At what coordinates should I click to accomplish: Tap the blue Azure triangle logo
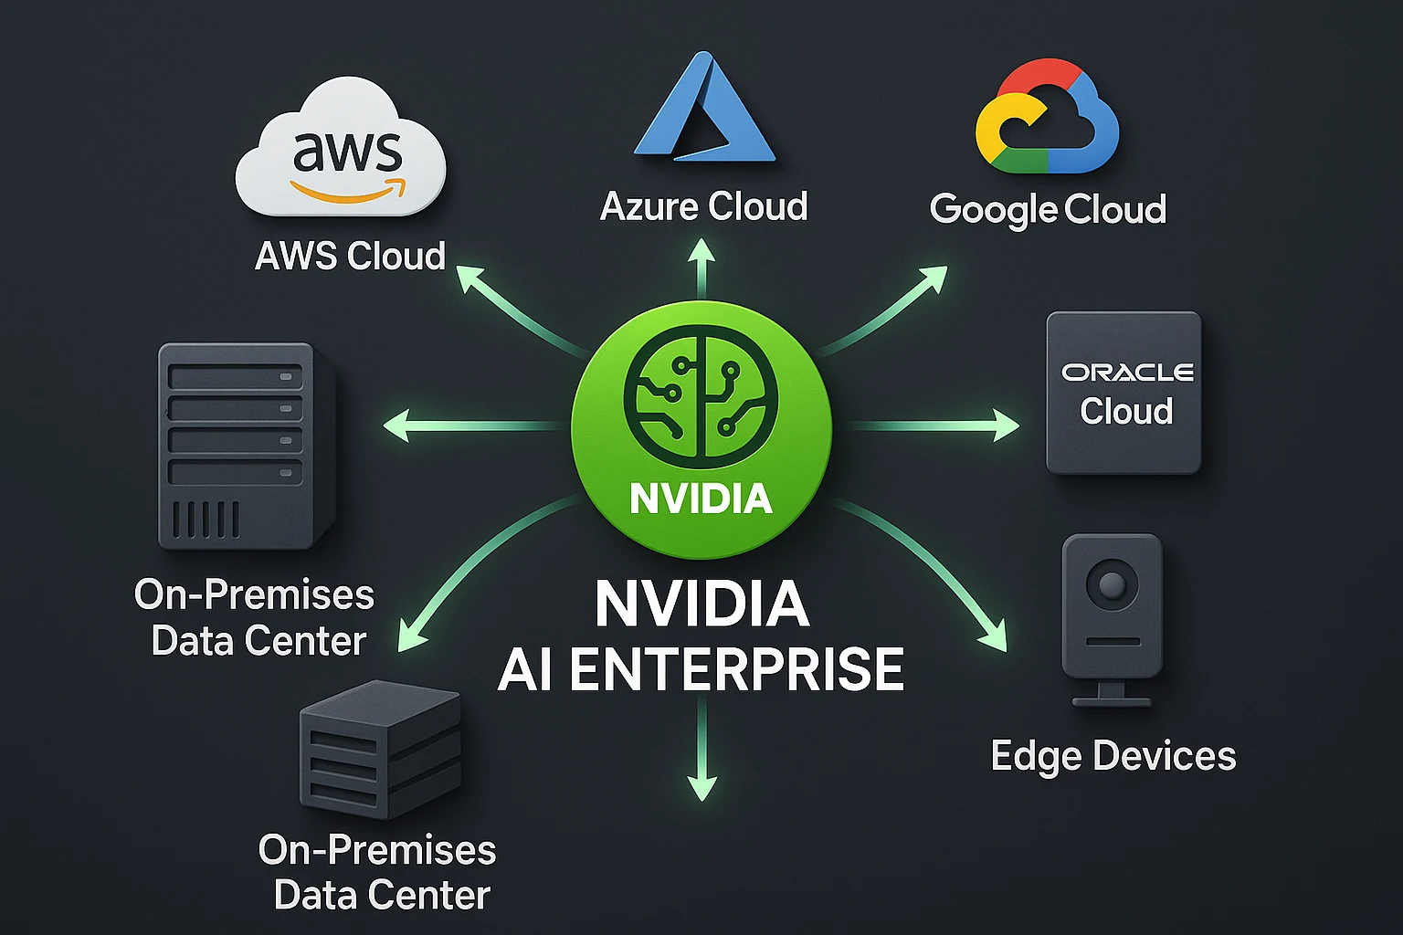tap(703, 110)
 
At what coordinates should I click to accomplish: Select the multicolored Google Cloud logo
tap(1047, 119)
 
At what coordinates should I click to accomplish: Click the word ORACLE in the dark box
tap(1127, 373)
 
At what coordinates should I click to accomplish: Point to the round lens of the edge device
tap(1112, 583)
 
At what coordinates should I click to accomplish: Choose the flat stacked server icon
tap(380, 749)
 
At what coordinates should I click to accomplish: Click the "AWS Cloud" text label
tap(350, 256)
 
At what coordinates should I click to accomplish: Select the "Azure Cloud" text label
tap(703, 206)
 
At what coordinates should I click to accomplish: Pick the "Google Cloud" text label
tap(1048, 209)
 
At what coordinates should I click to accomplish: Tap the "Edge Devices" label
tap(1113, 756)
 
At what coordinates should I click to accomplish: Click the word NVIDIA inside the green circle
tap(701, 499)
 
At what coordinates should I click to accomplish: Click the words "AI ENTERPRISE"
tap(701, 669)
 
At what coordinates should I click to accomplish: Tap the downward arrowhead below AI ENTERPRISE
tap(701, 787)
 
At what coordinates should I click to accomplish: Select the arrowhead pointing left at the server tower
tap(396, 425)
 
